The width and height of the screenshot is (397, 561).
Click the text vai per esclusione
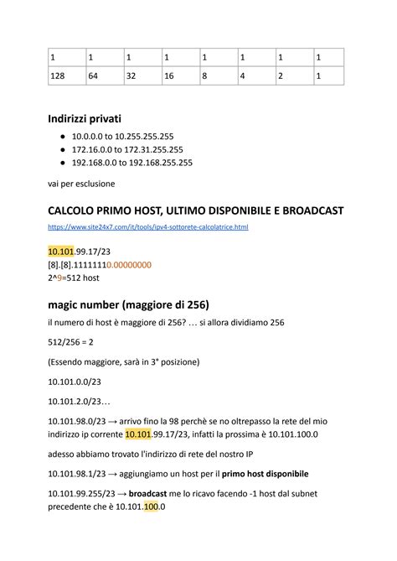(81, 183)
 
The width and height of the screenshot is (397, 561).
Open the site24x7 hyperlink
(148, 227)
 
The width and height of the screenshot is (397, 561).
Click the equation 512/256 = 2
(70, 341)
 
